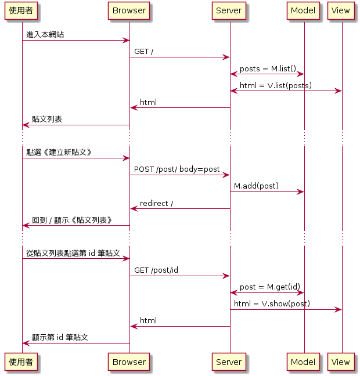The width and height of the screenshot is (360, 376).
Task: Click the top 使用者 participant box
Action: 21,10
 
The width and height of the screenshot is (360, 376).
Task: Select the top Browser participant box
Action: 129,10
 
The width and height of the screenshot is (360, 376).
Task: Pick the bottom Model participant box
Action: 303,362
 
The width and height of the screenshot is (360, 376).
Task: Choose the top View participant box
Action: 341,10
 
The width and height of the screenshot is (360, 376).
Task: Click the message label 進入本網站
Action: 45,35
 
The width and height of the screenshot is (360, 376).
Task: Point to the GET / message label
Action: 144,52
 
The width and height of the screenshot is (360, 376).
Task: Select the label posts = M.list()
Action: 268,68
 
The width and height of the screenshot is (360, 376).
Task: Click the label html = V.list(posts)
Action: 275,85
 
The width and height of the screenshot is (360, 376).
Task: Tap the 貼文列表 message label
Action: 47,120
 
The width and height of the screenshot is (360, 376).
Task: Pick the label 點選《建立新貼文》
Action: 59,153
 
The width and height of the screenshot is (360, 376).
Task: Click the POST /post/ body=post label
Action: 177,169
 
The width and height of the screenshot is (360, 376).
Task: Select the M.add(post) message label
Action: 256,186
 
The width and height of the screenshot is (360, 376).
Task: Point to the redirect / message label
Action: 156,203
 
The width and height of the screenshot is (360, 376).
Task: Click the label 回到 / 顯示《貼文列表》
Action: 72,220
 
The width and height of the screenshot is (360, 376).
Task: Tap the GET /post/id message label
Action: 156,270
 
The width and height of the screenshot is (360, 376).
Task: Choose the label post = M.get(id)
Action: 270,287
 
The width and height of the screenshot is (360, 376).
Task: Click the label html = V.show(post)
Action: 272,304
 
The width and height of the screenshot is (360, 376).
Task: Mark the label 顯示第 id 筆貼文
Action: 60,338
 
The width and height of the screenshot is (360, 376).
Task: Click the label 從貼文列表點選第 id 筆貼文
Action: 73,254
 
